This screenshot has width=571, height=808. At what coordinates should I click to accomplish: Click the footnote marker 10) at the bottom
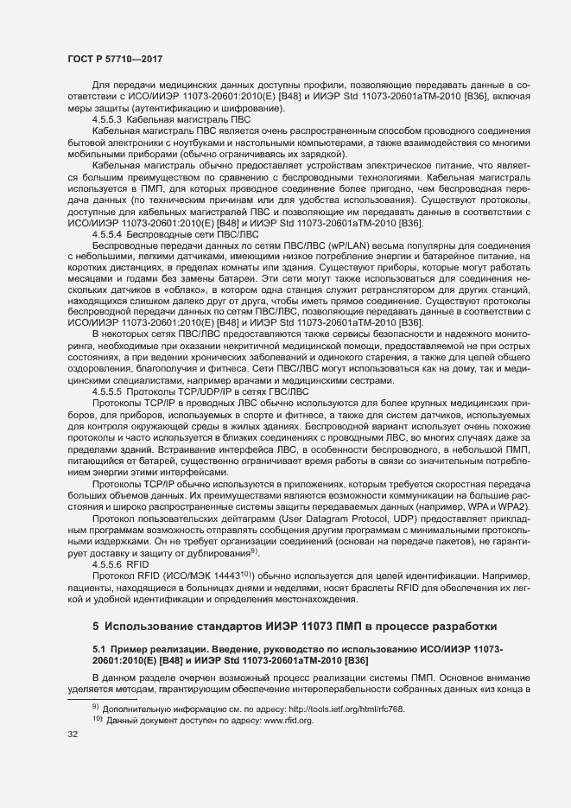97,719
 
